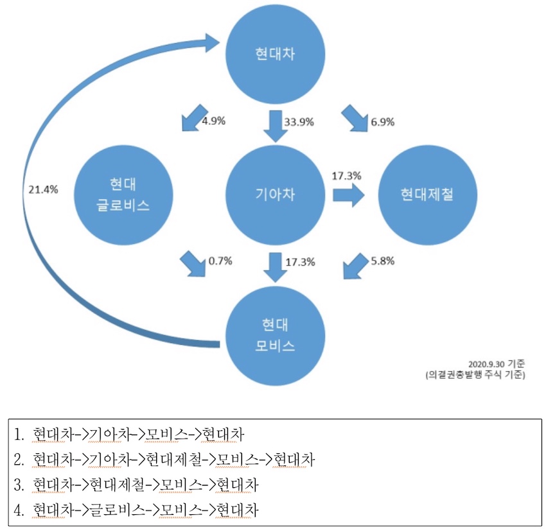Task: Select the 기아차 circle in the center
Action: pyautogui.click(x=275, y=193)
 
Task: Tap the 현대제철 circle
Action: pyautogui.click(x=427, y=193)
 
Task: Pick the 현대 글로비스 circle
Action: pyautogui.click(x=121, y=195)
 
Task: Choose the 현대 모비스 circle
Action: pyautogui.click(x=275, y=335)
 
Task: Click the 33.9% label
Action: pyautogui.click(x=299, y=121)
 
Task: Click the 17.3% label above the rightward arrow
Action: pyautogui.click(x=346, y=175)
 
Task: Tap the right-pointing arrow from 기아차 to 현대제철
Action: pyautogui.click(x=346, y=195)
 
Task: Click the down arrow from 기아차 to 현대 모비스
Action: pyautogui.click(x=275, y=266)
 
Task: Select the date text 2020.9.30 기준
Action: pyautogui.click(x=497, y=363)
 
